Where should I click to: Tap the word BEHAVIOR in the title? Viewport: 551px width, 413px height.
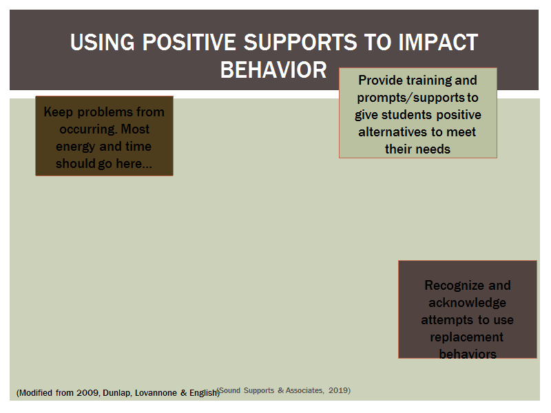[x=273, y=70]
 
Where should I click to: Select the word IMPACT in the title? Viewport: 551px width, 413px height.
[x=438, y=42]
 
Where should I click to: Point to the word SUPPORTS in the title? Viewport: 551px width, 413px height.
[x=300, y=42]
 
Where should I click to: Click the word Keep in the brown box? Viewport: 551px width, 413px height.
[x=59, y=112]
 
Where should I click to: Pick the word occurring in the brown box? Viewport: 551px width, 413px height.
[x=88, y=129]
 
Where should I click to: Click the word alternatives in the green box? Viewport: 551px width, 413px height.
[x=393, y=132]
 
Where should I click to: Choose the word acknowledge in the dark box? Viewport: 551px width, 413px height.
[x=468, y=303]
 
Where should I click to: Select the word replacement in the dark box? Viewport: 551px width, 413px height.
[x=467, y=337]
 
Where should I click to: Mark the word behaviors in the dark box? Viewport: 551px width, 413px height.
[x=468, y=354]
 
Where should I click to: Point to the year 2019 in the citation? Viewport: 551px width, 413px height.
[x=338, y=390]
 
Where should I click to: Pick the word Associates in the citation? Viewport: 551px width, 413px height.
[x=304, y=390]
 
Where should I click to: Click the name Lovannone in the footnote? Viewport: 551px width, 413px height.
[x=156, y=393]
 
